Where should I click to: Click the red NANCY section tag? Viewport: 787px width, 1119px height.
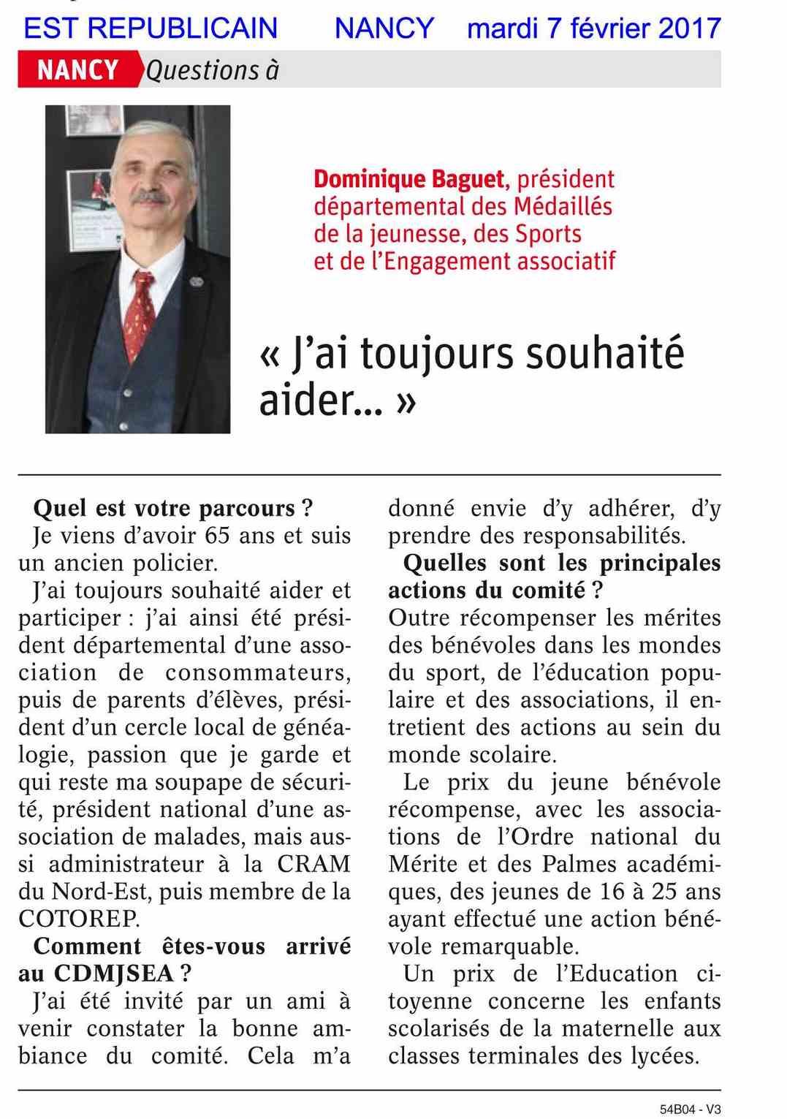[77, 70]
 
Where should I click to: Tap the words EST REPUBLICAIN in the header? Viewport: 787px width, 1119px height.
[151, 29]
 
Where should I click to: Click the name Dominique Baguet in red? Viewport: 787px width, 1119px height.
[408, 179]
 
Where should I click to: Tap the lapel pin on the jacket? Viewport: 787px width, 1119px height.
[195, 281]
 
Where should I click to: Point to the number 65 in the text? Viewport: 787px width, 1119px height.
[218, 536]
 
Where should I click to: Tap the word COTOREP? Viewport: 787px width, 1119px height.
[79, 919]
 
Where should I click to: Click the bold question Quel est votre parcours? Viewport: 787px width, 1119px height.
[172, 508]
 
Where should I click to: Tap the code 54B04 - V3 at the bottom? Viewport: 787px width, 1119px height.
[690, 1109]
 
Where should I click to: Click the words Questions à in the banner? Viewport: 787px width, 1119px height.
[213, 70]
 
